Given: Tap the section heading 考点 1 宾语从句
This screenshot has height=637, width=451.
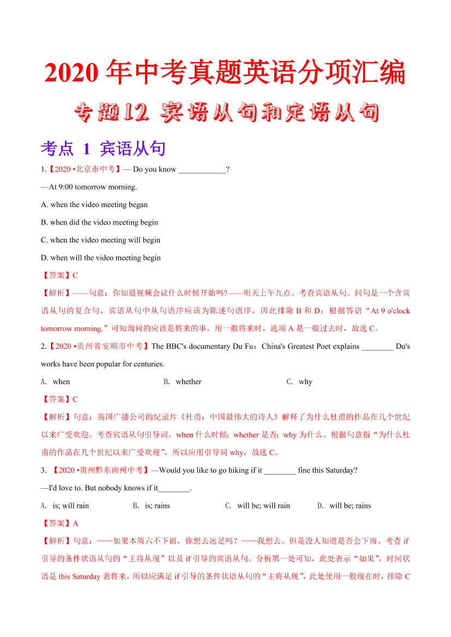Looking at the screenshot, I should coord(103,148).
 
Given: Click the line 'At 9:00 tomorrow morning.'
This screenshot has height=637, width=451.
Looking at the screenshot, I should coord(89,187).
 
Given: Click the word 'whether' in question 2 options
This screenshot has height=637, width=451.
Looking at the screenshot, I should coord(188,382).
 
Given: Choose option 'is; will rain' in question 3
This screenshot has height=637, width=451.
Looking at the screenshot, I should coord(71,506).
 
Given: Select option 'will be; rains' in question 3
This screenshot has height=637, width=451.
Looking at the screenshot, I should coord(350,506).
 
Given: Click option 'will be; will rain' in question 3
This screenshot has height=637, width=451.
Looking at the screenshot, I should coord(263,506).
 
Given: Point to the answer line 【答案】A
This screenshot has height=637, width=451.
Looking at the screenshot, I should coord(60,523).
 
